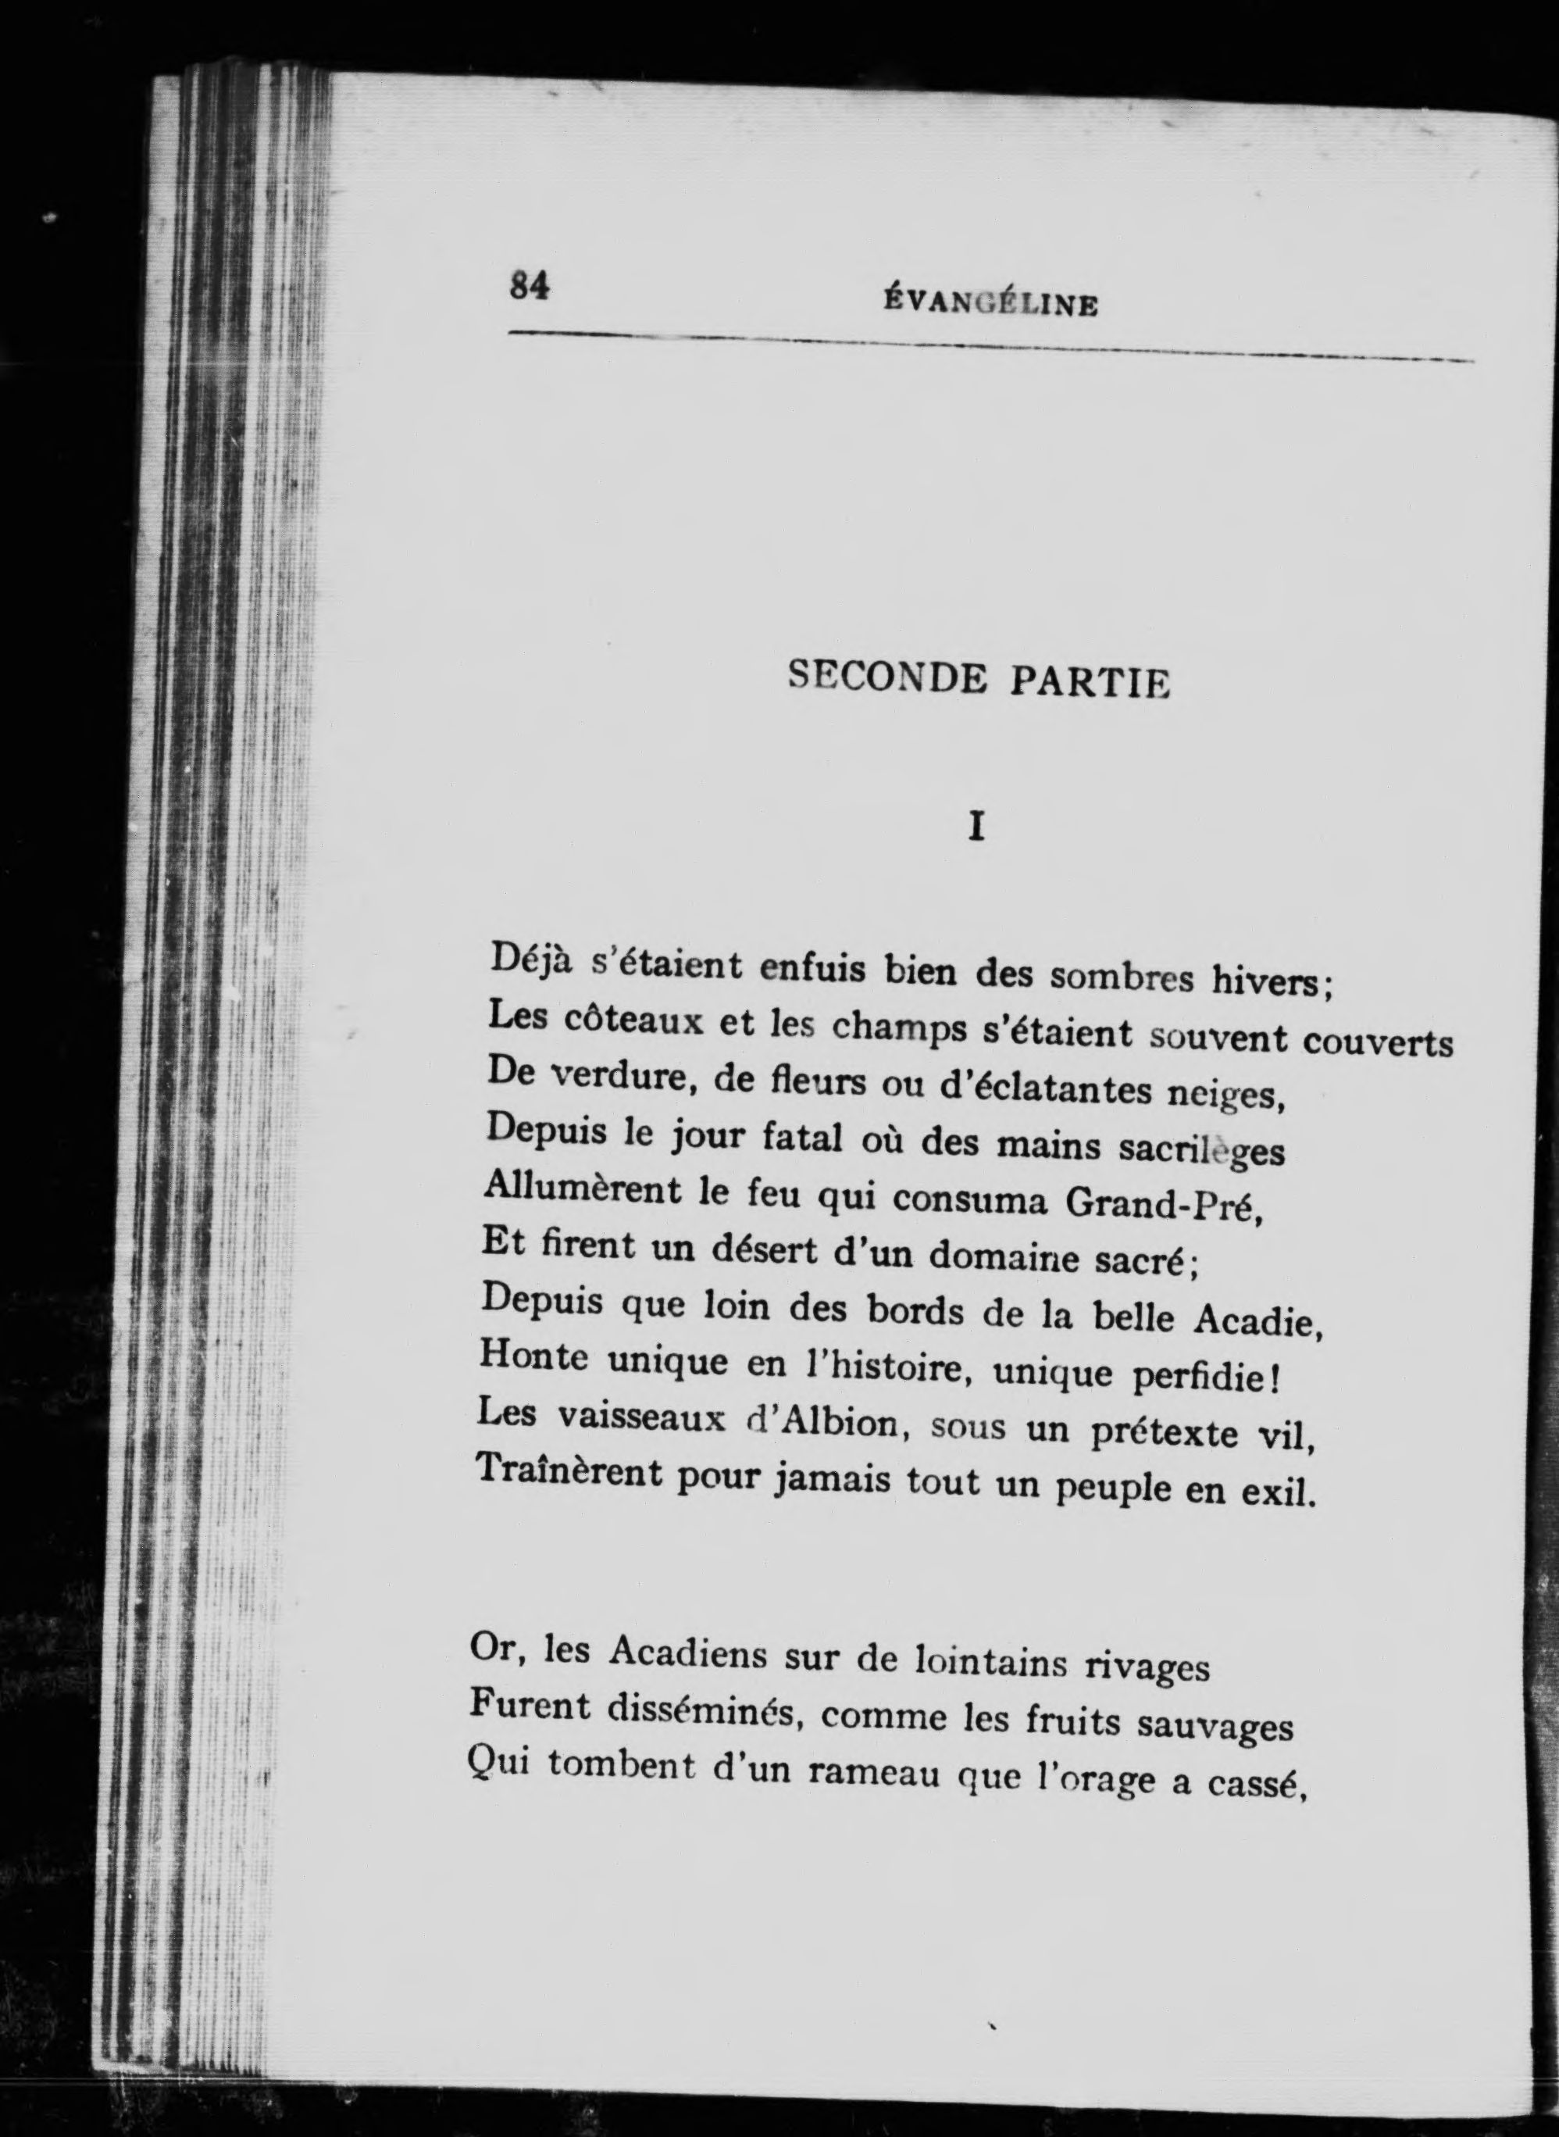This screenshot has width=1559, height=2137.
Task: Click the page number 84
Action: coord(530,285)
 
